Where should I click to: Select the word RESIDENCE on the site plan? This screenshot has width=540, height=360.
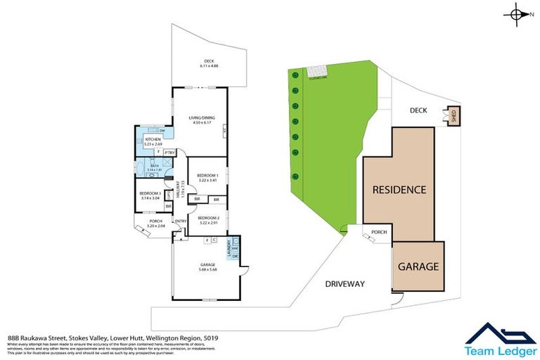399,190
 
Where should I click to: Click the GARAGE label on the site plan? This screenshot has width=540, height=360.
418,267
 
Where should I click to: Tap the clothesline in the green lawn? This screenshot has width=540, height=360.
316,72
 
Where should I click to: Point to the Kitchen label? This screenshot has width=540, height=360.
153,141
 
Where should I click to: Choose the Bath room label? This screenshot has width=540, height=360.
153,167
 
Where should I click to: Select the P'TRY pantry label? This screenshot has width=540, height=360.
169,153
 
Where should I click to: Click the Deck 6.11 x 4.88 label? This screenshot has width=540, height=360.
209,63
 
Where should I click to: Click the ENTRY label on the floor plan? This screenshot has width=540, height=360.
181,222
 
